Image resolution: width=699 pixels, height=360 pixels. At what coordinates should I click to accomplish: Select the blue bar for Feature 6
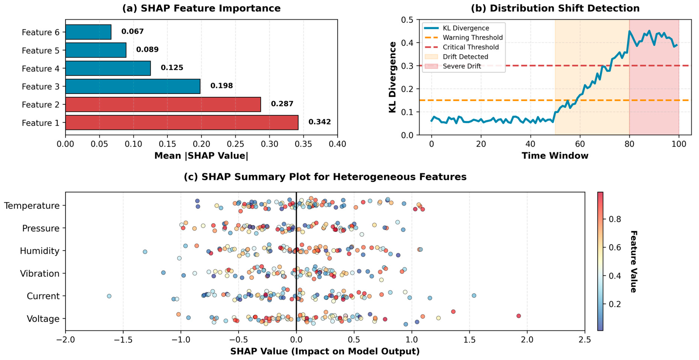(88, 32)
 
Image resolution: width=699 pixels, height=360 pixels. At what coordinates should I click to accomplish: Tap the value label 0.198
(221, 86)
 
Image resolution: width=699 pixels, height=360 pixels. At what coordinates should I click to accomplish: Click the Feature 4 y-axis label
(40, 69)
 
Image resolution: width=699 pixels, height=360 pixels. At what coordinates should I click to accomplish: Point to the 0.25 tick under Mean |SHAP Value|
(235, 144)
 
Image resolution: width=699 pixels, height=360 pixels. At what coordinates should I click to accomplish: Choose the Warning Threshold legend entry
(472, 37)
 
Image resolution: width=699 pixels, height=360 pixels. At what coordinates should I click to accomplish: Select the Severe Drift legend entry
(462, 66)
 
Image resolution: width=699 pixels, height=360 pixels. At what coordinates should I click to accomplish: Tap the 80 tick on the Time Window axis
(629, 144)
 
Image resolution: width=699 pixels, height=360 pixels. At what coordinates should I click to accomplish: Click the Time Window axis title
(555, 156)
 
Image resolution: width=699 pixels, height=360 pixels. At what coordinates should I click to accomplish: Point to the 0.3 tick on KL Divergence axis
(407, 66)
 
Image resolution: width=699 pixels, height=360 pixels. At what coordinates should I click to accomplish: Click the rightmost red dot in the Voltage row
(519, 316)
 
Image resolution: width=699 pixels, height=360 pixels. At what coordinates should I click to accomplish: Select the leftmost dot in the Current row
(109, 296)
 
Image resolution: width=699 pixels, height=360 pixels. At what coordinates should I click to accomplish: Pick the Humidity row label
(40, 251)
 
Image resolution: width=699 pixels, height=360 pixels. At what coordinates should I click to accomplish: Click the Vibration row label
(40, 273)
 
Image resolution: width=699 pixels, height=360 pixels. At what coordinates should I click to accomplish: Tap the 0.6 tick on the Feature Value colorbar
(615, 247)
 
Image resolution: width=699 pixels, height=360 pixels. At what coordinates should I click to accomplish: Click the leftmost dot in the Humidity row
(145, 252)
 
